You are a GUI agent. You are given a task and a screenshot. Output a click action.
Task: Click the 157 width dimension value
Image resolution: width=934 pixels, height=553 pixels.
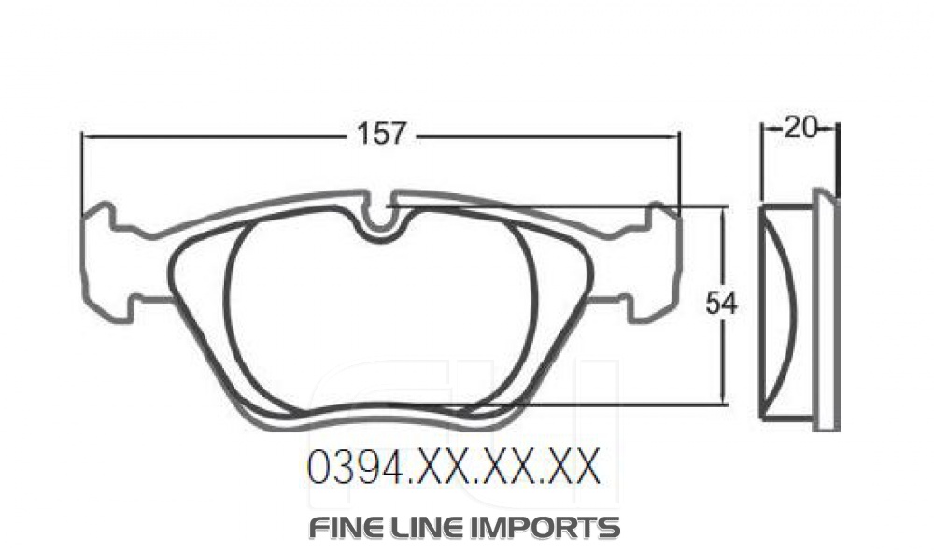point(382,135)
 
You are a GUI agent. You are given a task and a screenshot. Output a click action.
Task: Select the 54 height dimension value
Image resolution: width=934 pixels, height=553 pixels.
point(721,305)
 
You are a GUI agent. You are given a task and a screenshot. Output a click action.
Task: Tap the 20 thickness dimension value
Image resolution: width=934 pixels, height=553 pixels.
point(800,128)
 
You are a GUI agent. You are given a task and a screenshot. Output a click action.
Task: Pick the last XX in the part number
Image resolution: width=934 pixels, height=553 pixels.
point(571,467)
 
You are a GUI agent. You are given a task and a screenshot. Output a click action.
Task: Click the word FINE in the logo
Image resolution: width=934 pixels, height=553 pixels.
point(346,527)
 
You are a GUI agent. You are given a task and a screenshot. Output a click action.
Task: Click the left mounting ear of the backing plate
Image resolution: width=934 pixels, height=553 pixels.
point(103,257)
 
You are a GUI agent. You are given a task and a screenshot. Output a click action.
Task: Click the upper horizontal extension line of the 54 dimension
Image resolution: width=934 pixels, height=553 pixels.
point(560,206)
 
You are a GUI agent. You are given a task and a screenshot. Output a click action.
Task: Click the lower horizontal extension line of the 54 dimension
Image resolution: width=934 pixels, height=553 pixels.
point(607,405)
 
